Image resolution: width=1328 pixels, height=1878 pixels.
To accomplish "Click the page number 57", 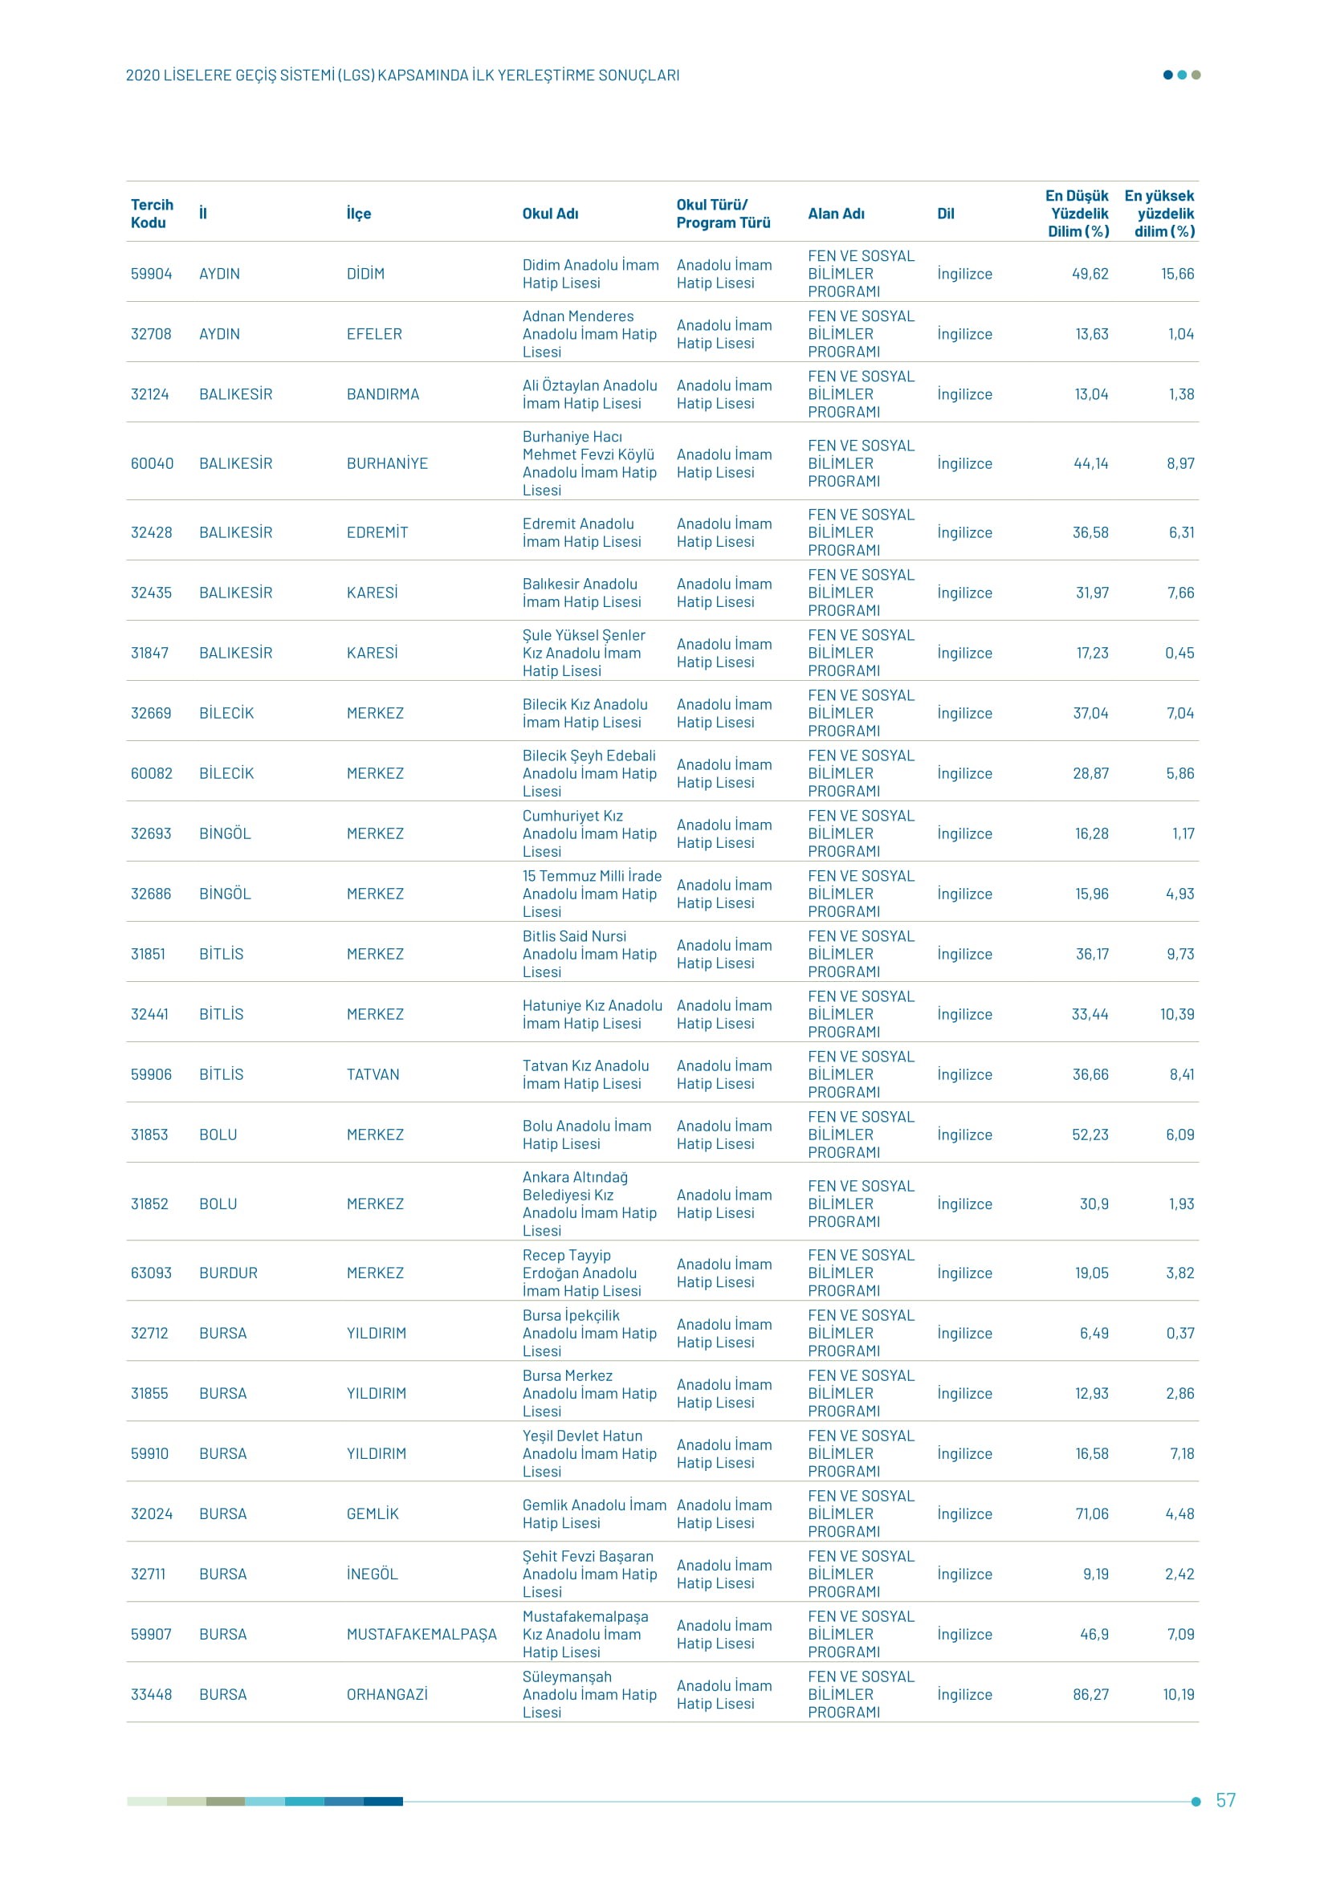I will coord(1225,1799).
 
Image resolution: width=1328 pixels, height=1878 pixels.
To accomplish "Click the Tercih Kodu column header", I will coord(152,214).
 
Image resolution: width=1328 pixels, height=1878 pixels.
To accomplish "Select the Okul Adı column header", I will coord(550,214).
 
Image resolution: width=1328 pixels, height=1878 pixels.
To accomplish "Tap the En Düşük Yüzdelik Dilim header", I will coord(1077,214).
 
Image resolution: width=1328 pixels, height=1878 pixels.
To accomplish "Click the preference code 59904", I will coord(151,274).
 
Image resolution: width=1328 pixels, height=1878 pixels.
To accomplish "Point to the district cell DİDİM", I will coord(365,274).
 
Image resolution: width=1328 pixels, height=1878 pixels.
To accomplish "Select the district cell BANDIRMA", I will coord(383,394).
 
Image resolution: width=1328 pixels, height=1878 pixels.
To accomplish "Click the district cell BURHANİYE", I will coord(387,464).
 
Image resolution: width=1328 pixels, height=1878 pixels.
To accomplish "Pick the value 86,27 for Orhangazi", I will coord(1090,1694).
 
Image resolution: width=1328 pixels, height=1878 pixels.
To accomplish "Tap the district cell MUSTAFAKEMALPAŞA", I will coord(422,1634).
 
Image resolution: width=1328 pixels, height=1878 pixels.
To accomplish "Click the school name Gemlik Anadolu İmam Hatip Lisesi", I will coord(593,1514).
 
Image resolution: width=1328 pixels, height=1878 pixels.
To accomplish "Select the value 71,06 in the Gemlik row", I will coord(1092,1514).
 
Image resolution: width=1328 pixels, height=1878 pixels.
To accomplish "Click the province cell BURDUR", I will coord(228,1273).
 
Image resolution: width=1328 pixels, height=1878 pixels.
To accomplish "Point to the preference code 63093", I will coord(151,1273).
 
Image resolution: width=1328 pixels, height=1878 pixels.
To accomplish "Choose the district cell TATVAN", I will coord(373,1074).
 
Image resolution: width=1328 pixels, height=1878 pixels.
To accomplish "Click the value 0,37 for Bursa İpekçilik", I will coord(1180,1334).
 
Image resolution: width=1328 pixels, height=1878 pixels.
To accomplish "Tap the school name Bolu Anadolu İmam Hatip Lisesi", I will coord(586,1135).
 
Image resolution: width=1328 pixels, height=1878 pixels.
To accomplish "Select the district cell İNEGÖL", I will coord(372,1574).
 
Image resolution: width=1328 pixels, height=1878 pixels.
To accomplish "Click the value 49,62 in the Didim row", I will coord(1090,274).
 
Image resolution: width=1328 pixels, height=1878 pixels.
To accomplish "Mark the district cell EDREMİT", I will coord(377,532).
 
